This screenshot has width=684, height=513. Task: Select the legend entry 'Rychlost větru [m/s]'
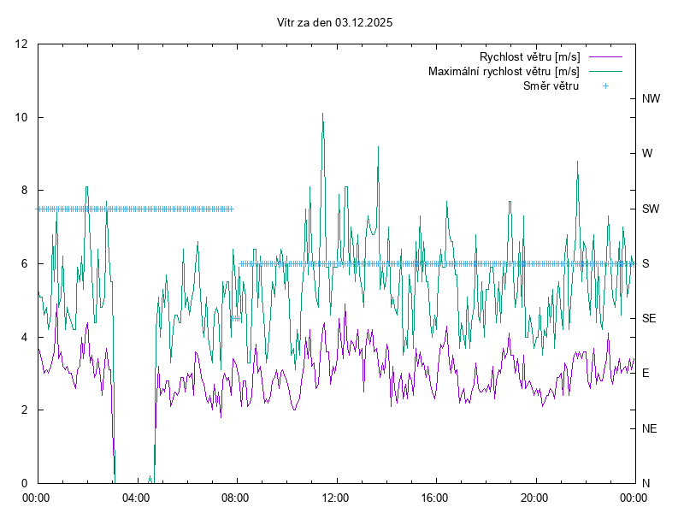point(529,57)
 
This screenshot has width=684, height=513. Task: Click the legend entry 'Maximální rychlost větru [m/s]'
point(504,72)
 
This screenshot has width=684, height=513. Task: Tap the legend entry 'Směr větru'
point(551,86)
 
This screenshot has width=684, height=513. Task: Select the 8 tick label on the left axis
point(25,191)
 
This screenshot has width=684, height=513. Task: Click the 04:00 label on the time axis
point(136,497)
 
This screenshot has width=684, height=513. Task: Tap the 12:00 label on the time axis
point(336,497)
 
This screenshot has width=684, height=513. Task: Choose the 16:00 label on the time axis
point(435,497)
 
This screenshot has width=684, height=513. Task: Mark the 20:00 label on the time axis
point(535,497)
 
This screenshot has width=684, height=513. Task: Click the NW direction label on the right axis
point(651,99)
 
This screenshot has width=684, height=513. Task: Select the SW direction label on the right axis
point(651,209)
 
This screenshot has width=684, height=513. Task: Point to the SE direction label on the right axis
point(649,318)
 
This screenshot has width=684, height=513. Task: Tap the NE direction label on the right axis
point(649,428)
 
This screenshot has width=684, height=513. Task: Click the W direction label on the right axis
point(647,154)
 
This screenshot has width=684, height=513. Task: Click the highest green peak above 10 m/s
point(322,113)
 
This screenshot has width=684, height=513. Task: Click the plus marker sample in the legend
point(605,86)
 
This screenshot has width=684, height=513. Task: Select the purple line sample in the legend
point(604,57)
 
